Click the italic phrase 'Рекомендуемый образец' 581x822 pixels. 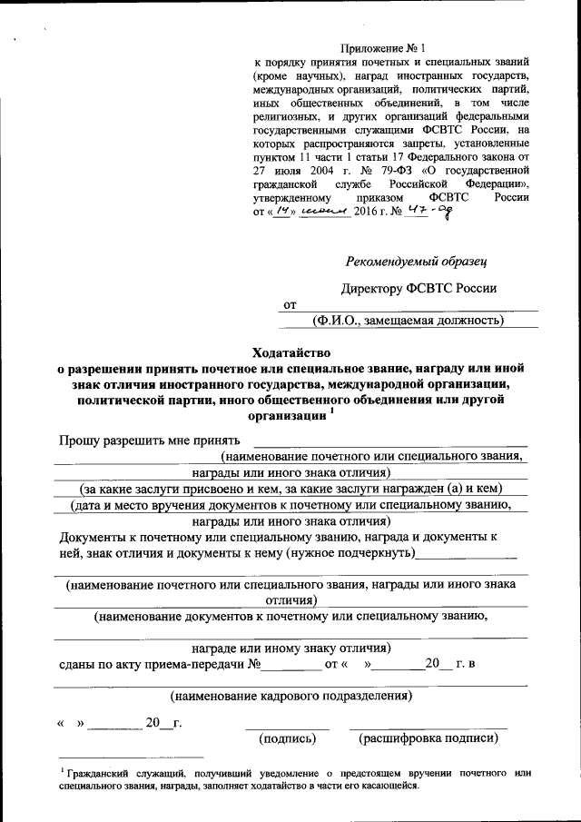(417, 262)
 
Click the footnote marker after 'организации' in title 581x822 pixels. (332, 410)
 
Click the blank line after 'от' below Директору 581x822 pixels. (418, 306)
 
